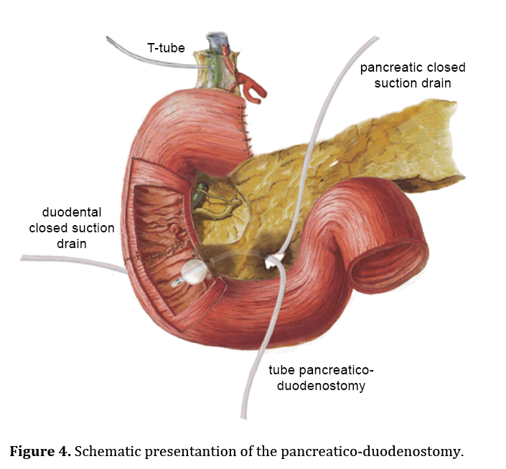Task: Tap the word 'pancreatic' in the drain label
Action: [x=390, y=68]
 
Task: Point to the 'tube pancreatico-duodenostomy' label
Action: [x=322, y=378]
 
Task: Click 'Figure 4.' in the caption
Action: [x=39, y=452]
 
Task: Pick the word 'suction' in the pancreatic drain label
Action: [x=404, y=84]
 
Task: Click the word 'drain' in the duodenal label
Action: [x=71, y=244]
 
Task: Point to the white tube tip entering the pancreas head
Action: [x=273, y=262]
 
